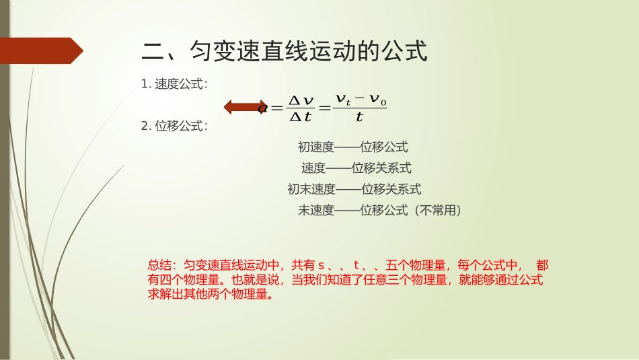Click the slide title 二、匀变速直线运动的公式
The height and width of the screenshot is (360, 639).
[x=285, y=51]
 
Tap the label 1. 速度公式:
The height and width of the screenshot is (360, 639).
[x=174, y=84]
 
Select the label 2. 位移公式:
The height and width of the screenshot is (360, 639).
[x=174, y=126]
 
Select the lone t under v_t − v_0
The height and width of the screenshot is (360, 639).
[x=359, y=117]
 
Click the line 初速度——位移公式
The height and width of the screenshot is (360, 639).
[x=353, y=147]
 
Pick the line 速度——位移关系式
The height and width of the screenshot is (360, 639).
[x=356, y=168]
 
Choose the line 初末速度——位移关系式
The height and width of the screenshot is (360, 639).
[x=354, y=189]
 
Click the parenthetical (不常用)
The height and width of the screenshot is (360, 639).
[x=437, y=211]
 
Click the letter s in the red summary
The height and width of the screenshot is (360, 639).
[x=322, y=265]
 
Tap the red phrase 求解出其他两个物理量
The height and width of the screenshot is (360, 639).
[x=206, y=295]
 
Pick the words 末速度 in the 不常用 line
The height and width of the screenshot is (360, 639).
[x=316, y=211]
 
